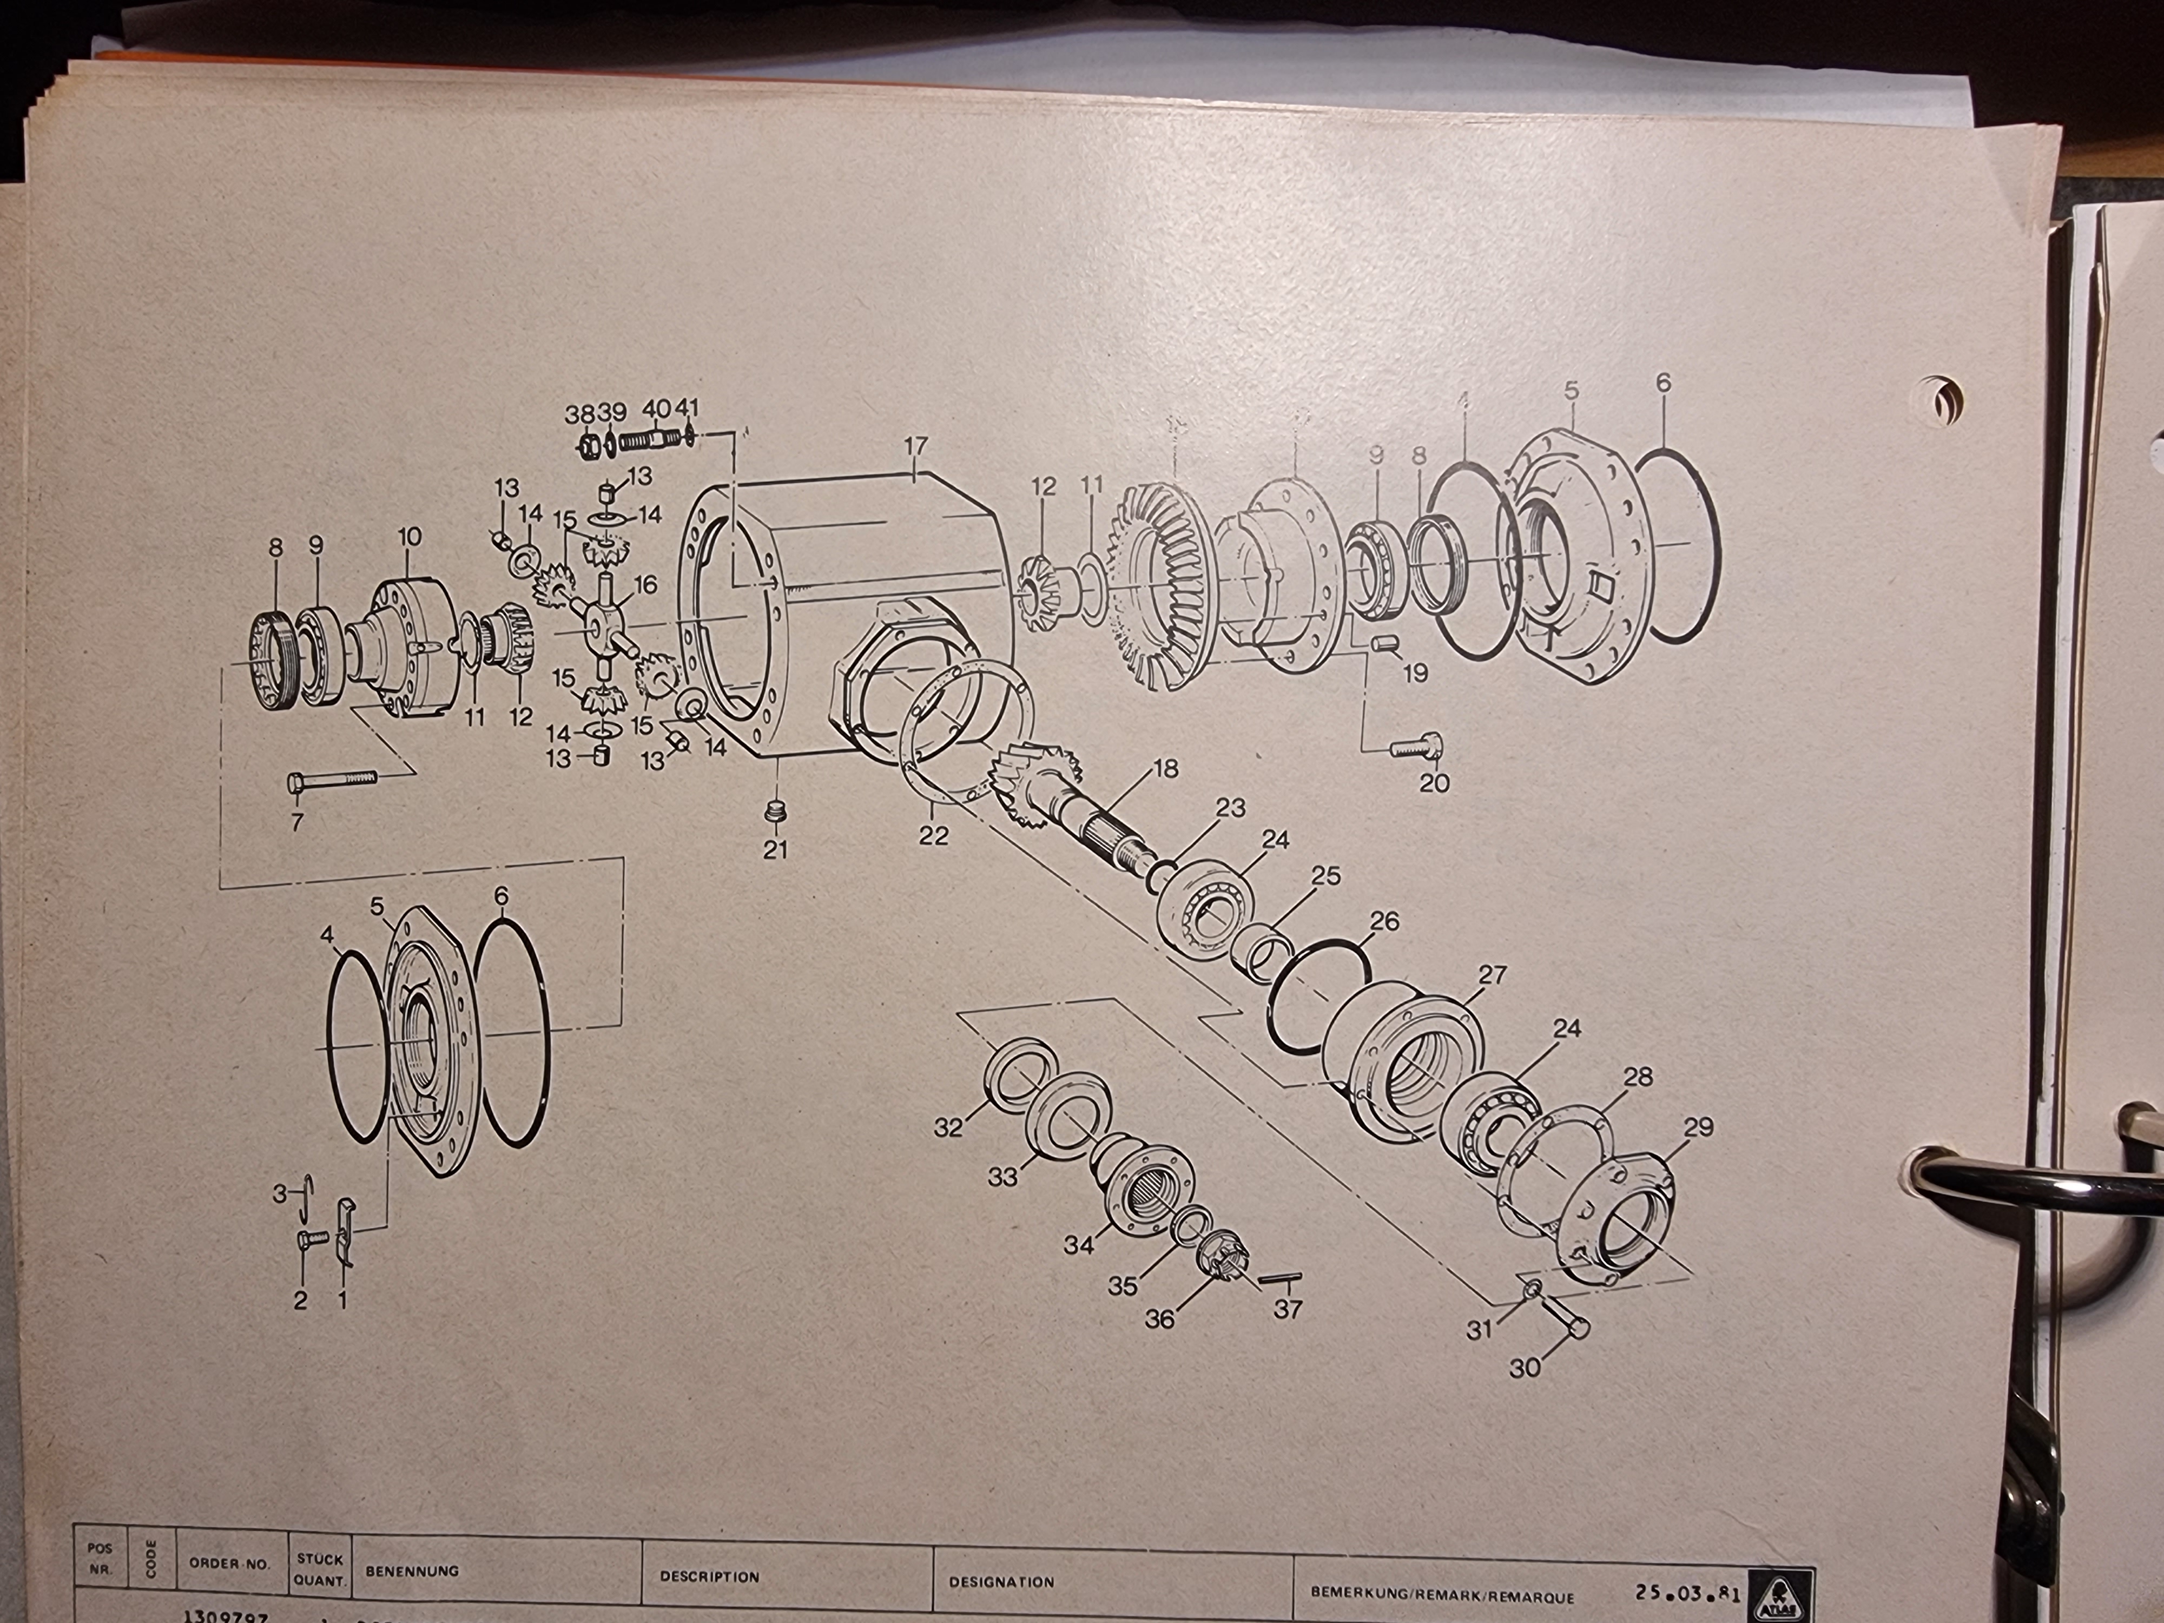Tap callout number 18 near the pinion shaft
(1165, 769)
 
